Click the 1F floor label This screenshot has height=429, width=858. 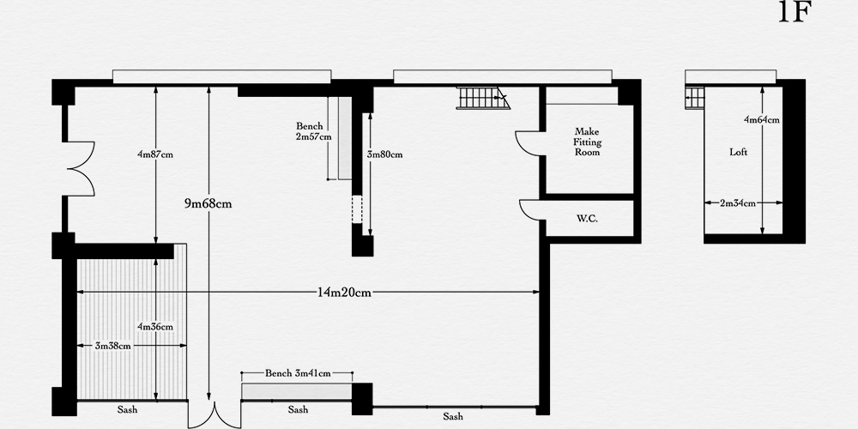tap(795, 11)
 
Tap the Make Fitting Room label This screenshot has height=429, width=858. tap(587, 142)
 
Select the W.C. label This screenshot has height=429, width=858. tap(587, 219)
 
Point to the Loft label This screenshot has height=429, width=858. tap(738, 152)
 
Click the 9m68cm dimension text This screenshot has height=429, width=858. tap(208, 204)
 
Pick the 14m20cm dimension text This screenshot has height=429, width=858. tap(344, 293)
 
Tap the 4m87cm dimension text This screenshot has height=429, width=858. tap(155, 154)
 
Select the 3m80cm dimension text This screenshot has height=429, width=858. tap(384, 154)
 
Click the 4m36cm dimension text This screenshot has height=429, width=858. tap(155, 327)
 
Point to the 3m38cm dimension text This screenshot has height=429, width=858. tap(112, 346)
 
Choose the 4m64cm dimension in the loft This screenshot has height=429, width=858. tap(762, 120)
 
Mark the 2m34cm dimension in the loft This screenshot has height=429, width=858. tap(738, 203)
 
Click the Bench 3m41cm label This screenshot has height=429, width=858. tap(298, 374)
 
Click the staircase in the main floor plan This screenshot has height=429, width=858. tap(482, 98)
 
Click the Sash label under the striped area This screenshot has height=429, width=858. tap(127, 410)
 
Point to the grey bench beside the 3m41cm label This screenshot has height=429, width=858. tap(297, 392)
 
